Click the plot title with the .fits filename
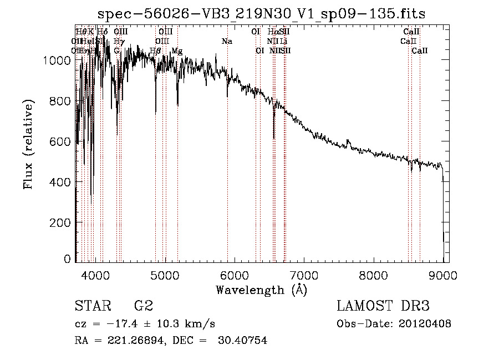[261, 13]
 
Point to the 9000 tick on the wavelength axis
[443, 275]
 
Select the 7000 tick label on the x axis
[304, 275]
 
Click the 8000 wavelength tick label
[374, 275]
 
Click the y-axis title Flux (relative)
[28, 144]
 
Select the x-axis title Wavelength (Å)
[261, 290]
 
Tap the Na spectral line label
[227, 41]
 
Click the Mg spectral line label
[177, 51]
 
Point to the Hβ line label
[155, 51]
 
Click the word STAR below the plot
[92, 306]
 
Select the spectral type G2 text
[143, 306]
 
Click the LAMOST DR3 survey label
[383, 306]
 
